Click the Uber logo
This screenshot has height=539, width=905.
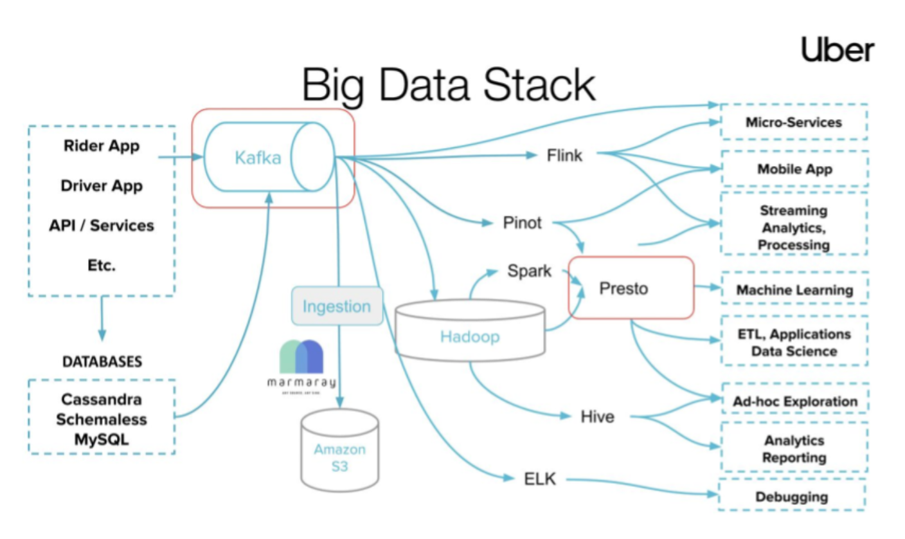click(838, 50)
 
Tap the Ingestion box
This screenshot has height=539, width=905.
click(337, 306)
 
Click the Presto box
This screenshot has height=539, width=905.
click(631, 288)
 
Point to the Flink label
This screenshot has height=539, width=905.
click(564, 155)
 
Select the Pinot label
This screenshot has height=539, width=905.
click(522, 223)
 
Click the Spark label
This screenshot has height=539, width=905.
click(528, 271)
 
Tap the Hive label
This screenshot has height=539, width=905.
click(596, 417)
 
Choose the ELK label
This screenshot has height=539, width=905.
click(539, 479)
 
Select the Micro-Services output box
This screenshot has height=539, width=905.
click(794, 122)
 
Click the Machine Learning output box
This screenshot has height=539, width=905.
click(794, 290)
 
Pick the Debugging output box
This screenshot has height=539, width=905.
click(791, 497)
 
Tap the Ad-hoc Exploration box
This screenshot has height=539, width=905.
click(795, 401)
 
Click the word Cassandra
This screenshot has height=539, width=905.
click(102, 399)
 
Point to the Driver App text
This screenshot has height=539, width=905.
click(102, 186)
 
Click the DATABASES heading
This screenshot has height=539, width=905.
click(102, 361)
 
